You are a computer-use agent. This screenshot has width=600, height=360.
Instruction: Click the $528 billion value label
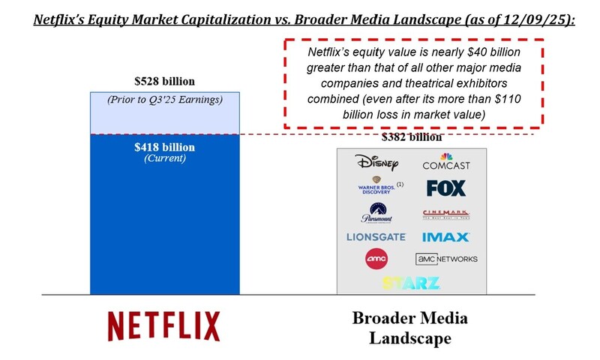click(165, 81)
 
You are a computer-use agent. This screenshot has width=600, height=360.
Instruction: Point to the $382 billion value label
click(412, 137)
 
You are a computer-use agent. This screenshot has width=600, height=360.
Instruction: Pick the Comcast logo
click(445, 162)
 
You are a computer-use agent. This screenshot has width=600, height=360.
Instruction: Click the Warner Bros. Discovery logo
click(373, 187)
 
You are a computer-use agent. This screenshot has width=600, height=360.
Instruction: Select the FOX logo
click(445, 187)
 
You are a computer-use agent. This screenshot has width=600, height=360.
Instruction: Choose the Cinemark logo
click(445, 214)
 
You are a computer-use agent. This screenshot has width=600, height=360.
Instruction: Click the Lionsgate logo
click(376, 237)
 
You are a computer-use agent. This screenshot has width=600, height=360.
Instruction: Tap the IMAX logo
click(445, 237)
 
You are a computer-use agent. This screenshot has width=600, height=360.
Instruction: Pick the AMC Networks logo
click(446, 259)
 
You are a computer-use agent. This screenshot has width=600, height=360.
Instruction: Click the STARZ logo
click(410, 283)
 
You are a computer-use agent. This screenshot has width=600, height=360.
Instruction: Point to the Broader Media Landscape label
click(410, 328)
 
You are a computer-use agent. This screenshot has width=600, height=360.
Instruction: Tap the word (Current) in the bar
click(165, 158)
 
